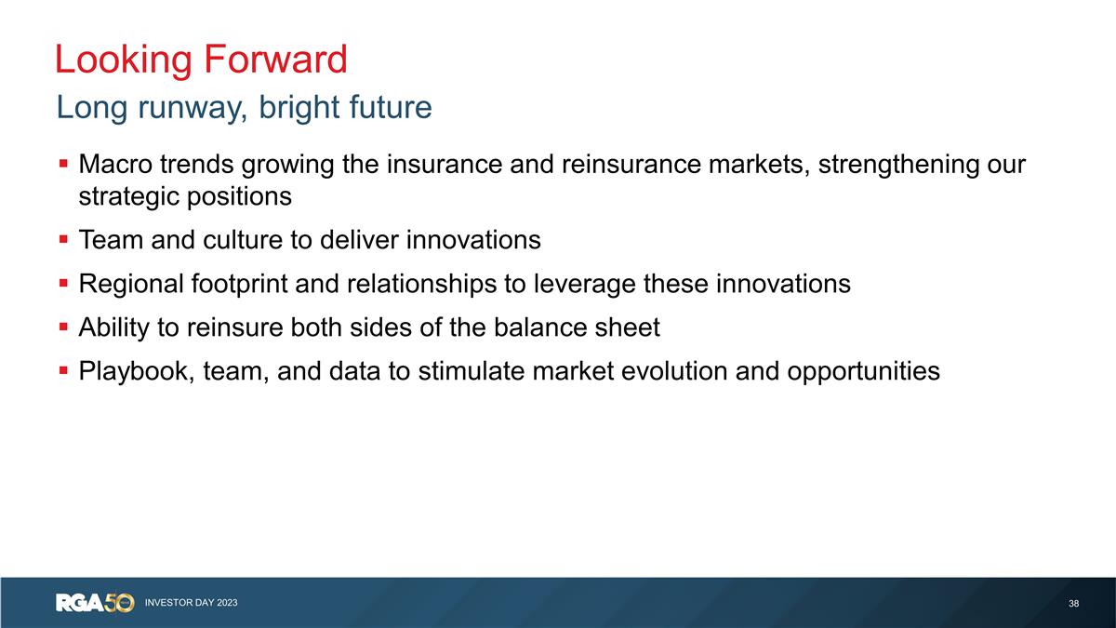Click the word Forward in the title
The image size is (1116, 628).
point(275,60)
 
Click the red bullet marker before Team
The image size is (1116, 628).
point(62,240)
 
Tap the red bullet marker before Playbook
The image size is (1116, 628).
point(62,371)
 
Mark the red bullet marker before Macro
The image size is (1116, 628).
point(62,165)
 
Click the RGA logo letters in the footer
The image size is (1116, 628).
point(81,603)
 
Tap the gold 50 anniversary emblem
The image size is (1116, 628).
point(121,603)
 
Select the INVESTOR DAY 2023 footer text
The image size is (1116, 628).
point(191,603)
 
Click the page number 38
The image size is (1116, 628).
point(1074,604)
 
